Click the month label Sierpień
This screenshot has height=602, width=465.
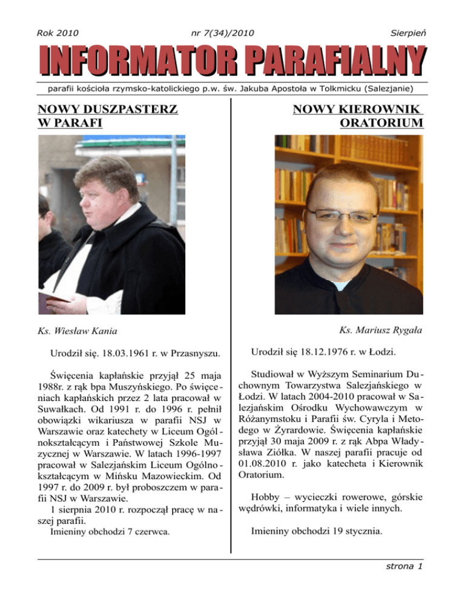coord(406,31)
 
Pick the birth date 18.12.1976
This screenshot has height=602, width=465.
coord(324,351)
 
